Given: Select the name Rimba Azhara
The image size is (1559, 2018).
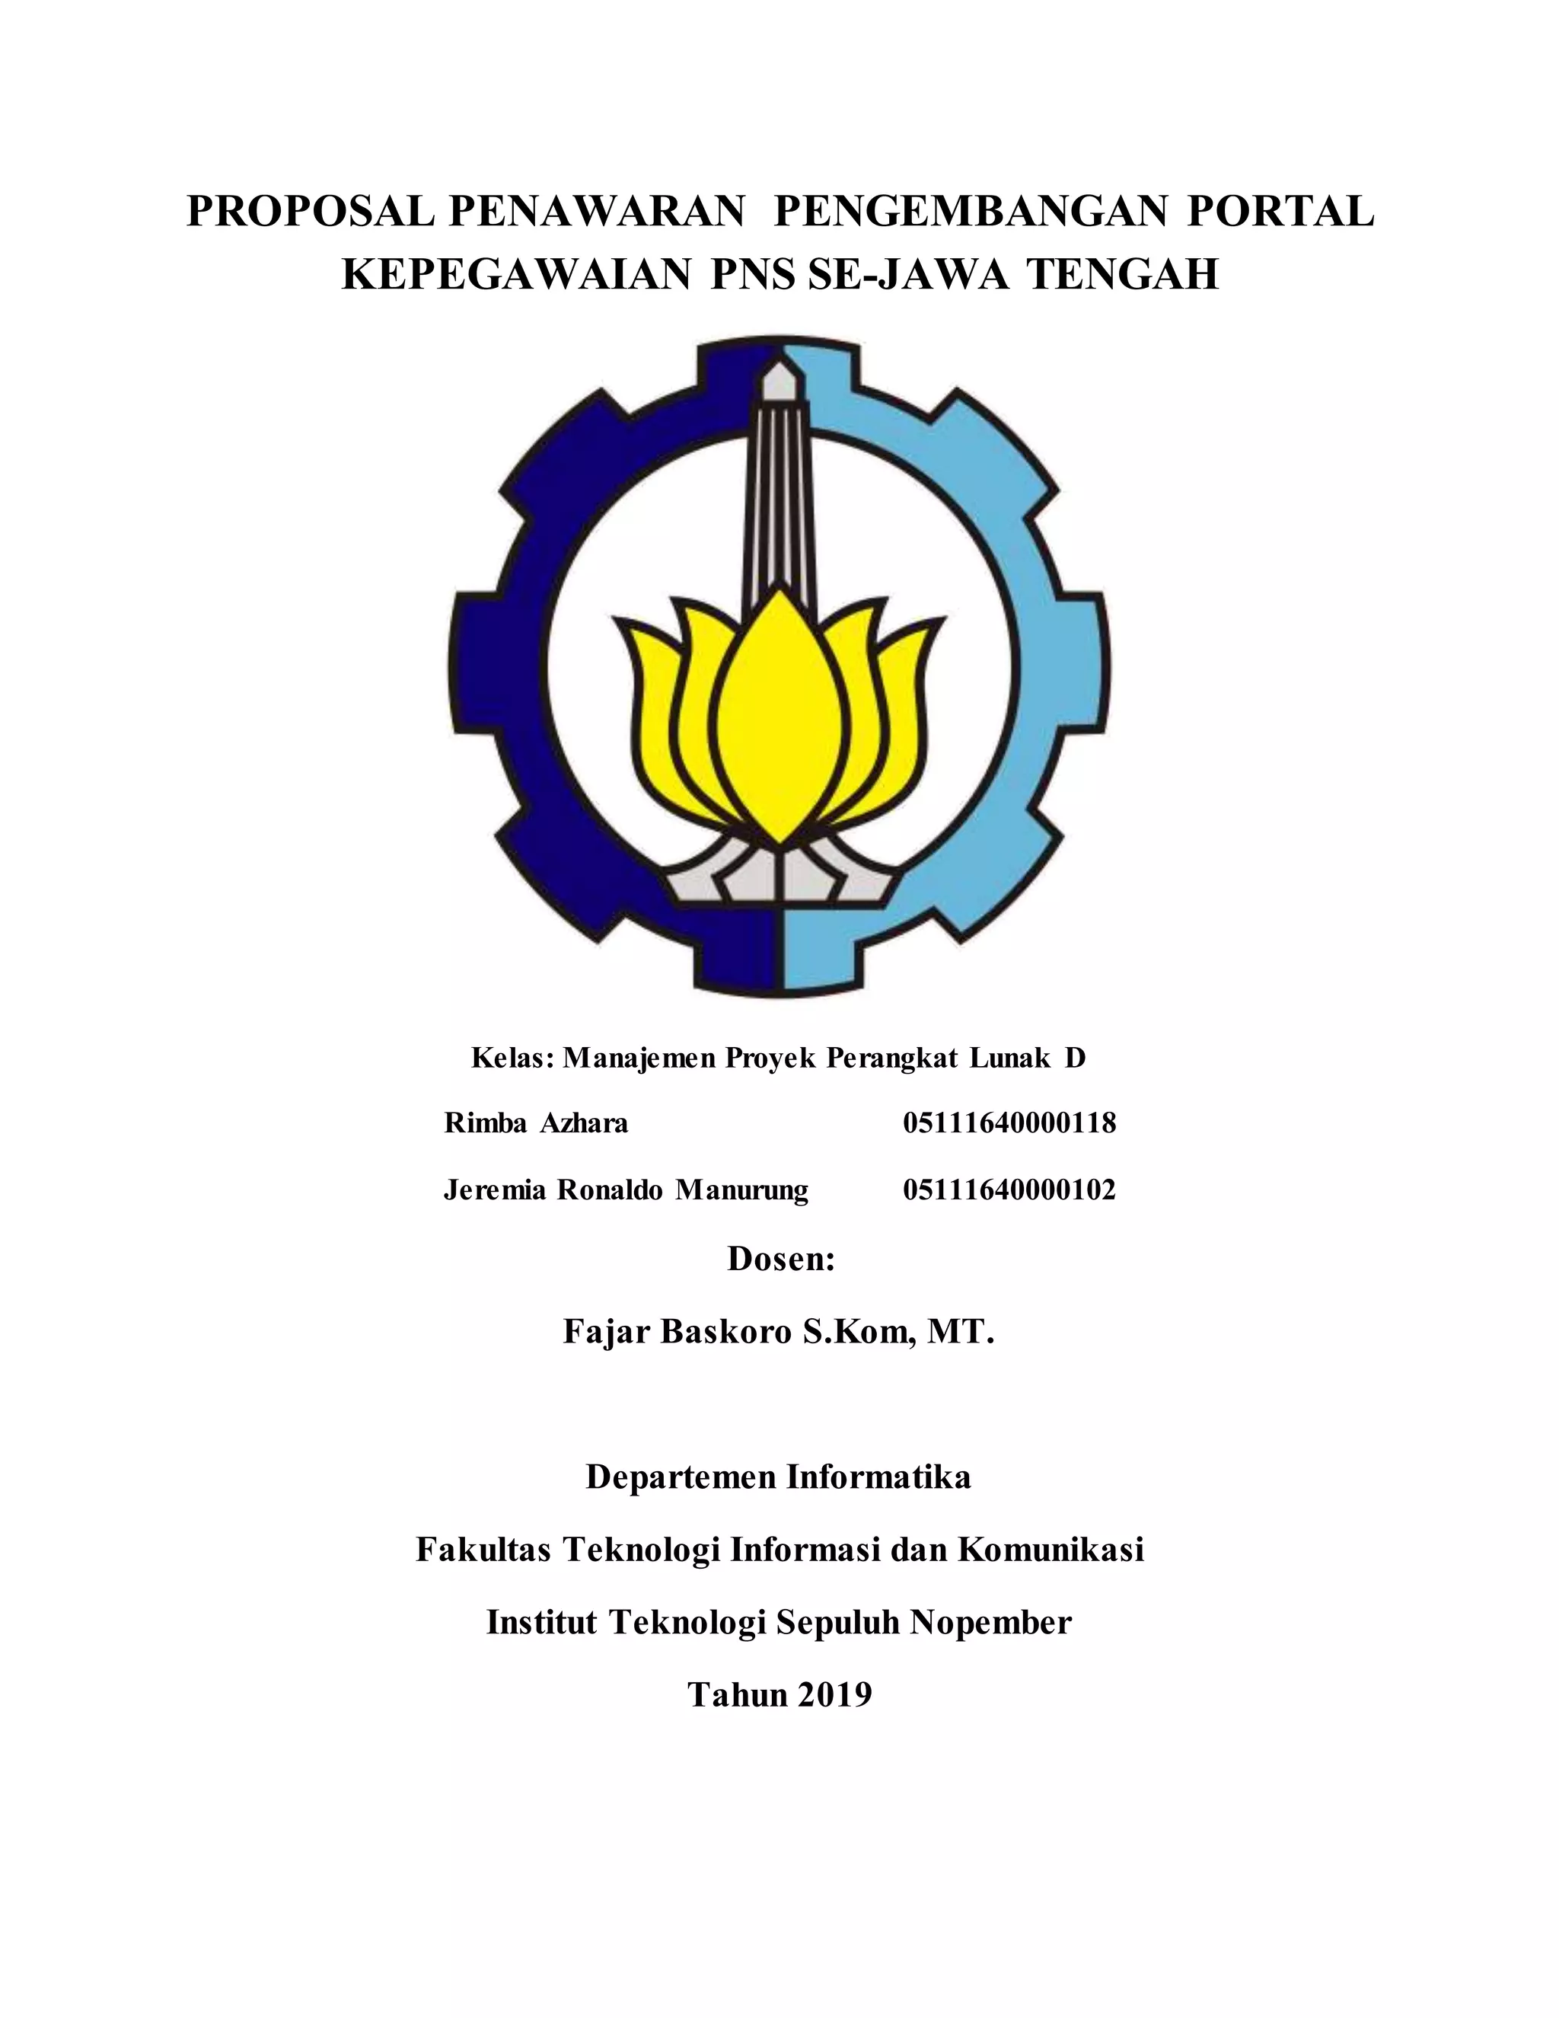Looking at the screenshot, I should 536,1122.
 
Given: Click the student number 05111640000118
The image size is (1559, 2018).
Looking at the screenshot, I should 1009,1122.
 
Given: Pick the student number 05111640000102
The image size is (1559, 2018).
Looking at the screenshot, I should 1009,1189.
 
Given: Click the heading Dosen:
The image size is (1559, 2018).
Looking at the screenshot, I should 780,1259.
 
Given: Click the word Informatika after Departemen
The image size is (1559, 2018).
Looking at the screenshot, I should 878,1477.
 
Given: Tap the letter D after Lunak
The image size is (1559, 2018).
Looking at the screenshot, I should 1074,1057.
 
